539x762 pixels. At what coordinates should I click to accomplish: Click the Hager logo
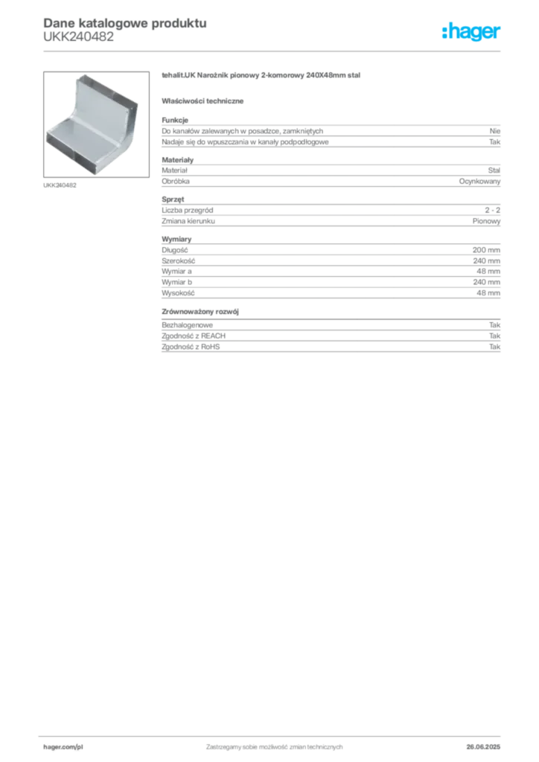pyautogui.click(x=471, y=32)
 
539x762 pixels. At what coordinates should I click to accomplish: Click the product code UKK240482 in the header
pyautogui.click(x=79, y=37)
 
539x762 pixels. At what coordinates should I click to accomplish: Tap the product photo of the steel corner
pyautogui.click(x=96, y=124)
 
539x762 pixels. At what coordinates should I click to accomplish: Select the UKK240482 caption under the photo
pyautogui.click(x=60, y=185)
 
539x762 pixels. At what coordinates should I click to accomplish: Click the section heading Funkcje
pyautogui.click(x=175, y=120)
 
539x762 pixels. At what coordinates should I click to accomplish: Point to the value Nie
pyautogui.click(x=495, y=131)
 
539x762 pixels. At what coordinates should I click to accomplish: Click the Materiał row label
pyautogui.click(x=174, y=170)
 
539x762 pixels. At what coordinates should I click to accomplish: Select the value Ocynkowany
pyautogui.click(x=479, y=182)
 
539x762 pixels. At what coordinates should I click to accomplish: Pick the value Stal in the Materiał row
pyautogui.click(x=494, y=170)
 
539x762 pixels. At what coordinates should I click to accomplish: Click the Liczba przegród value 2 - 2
pyautogui.click(x=492, y=210)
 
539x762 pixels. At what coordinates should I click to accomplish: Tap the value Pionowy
pyautogui.click(x=486, y=221)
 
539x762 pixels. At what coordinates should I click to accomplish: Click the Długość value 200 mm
pyautogui.click(x=486, y=250)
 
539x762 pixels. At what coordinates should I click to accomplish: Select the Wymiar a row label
pyautogui.click(x=177, y=271)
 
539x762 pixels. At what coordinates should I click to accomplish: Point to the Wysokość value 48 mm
pyautogui.click(x=488, y=293)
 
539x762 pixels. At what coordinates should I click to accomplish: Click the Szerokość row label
pyautogui.click(x=179, y=261)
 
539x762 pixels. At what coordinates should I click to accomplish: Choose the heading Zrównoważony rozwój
pyautogui.click(x=200, y=312)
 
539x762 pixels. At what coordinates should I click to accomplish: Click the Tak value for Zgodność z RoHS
pyautogui.click(x=495, y=347)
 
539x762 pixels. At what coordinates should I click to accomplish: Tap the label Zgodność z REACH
pyautogui.click(x=194, y=336)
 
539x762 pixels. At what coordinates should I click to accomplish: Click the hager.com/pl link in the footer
pyautogui.click(x=63, y=747)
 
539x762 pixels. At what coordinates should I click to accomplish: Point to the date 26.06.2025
pyautogui.click(x=483, y=747)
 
